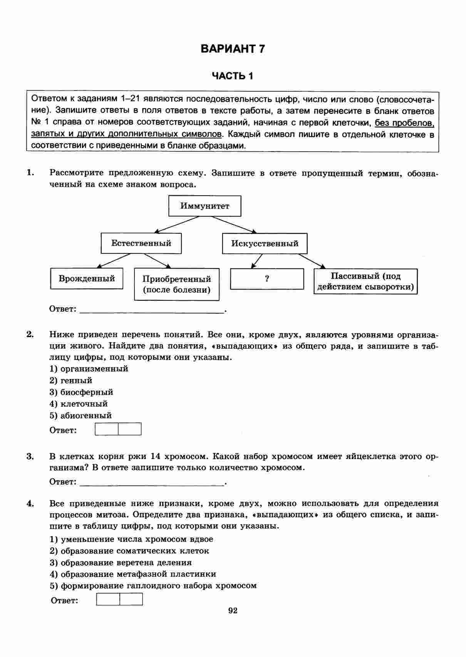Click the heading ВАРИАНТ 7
pos(233,49)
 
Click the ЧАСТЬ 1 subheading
pos(233,76)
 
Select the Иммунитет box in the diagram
pos(205,206)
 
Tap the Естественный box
pos(141,243)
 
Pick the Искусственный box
pos(265,243)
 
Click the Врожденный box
pos(87,278)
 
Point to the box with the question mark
pos(267,279)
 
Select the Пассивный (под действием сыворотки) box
pos(365,282)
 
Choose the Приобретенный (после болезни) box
pos(177,284)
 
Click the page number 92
pos(233,610)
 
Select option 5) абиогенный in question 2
pos(81,416)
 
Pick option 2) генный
pos(71,380)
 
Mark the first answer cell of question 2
pos(107,429)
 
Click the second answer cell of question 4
pos(131,599)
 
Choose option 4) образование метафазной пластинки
pos(133,574)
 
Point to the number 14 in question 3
pos(155,456)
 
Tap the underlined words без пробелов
pos(404,123)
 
